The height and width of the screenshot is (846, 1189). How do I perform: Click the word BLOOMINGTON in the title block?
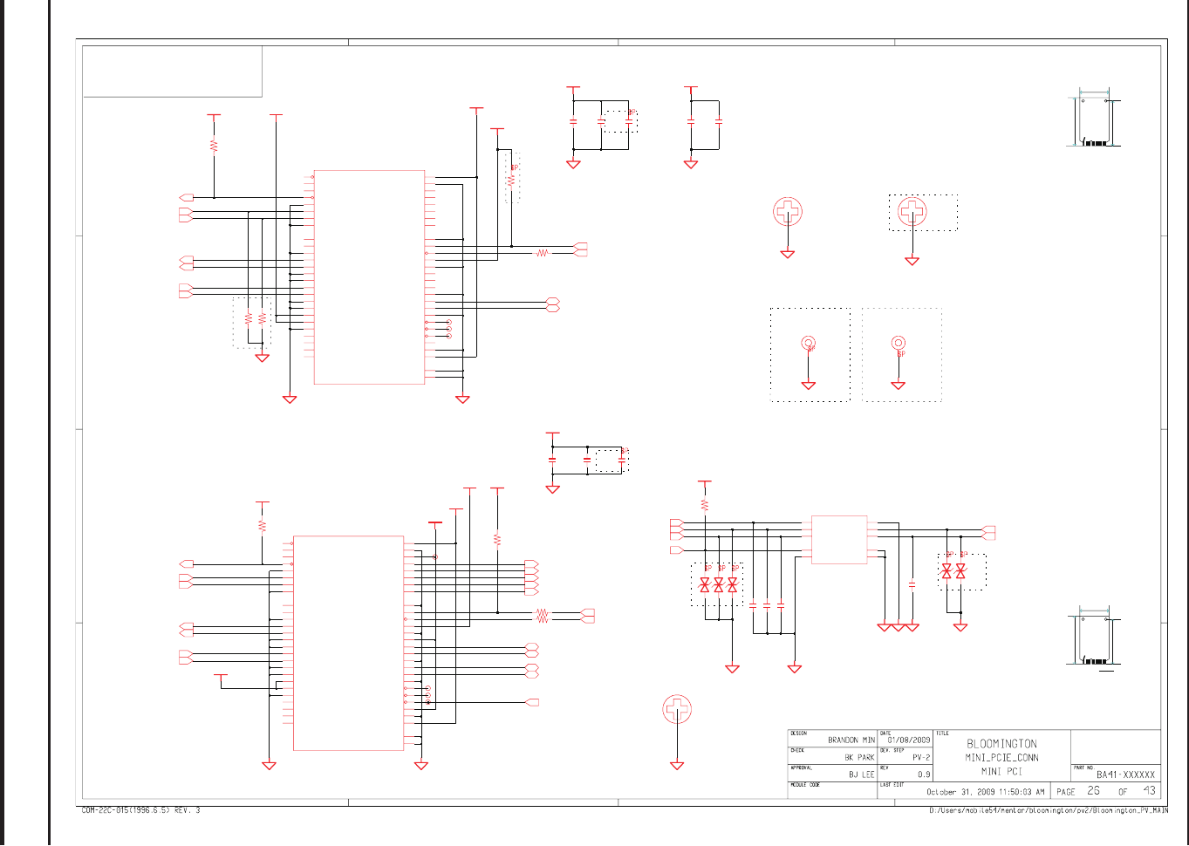1001,744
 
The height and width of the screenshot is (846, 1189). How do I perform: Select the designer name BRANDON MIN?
851,740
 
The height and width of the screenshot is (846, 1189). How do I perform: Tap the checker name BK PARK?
859,757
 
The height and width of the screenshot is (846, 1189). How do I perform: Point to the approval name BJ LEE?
861,774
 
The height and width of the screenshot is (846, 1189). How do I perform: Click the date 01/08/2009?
909,740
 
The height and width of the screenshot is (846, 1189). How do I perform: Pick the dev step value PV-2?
921,757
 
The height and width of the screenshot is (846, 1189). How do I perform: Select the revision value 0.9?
924,774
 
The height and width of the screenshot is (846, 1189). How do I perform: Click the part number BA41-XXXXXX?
1125,774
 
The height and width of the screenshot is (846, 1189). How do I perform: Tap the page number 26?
1093,791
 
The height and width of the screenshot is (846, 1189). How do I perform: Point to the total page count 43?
1149,791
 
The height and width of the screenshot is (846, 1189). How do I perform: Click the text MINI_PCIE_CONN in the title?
1001,758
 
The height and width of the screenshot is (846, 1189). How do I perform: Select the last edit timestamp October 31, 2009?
985,792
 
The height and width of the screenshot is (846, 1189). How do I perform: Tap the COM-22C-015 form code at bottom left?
140,810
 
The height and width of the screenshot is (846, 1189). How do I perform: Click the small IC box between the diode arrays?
838,540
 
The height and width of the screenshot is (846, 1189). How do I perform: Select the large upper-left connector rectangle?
369,276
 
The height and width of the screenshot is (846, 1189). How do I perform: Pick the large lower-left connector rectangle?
348,643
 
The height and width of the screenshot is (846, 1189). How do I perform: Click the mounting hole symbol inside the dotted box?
912,211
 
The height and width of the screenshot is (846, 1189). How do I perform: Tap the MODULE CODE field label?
805,785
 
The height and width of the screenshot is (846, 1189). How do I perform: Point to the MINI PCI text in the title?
1001,772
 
